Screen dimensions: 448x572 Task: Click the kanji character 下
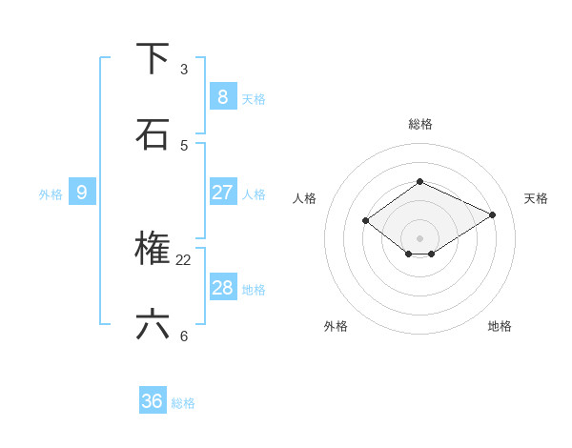(x=153, y=59)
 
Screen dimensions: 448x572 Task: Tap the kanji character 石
(x=153, y=134)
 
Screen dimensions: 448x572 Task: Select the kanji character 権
(x=153, y=249)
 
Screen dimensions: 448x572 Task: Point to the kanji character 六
(x=153, y=325)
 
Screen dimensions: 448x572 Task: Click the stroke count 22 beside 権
(x=184, y=259)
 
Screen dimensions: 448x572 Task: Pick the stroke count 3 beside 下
(x=184, y=70)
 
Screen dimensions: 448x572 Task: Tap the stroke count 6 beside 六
(x=184, y=336)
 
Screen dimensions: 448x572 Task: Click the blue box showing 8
(x=222, y=96)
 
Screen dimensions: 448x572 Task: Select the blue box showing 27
(x=222, y=192)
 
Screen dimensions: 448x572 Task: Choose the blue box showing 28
(x=222, y=287)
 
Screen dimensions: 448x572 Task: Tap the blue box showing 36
(x=153, y=401)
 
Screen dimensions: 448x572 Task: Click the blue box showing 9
(x=82, y=192)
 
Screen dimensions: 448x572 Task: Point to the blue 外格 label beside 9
(x=51, y=194)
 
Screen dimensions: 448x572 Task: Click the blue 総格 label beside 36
(x=183, y=404)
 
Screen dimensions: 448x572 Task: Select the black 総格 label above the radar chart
(x=420, y=124)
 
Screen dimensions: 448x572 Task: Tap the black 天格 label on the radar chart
(x=536, y=198)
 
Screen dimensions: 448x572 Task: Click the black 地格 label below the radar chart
(x=500, y=326)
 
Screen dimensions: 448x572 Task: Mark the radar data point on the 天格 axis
(x=492, y=214)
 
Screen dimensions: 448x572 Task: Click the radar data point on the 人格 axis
(x=365, y=220)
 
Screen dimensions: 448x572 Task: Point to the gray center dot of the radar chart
(x=419, y=237)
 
